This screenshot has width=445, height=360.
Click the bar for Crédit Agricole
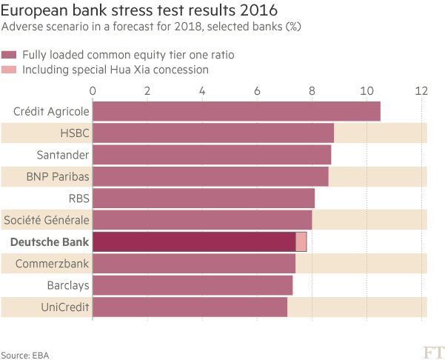[x=235, y=111]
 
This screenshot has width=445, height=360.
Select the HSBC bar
[x=213, y=133]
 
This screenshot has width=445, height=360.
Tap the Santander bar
[x=211, y=155]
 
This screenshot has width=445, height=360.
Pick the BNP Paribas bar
[x=210, y=177]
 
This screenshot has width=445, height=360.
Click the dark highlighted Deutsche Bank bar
[x=193, y=242]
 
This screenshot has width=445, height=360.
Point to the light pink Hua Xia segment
[x=301, y=242]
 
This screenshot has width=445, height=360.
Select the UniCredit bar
[x=189, y=307]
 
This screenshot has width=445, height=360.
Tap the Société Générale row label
[x=47, y=220]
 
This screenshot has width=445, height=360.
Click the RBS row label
[x=78, y=199]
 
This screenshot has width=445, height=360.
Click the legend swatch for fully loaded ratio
[x=10, y=55]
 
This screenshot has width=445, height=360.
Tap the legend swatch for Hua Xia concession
[x=10, y=70]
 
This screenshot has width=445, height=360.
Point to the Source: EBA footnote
[x=20, y=355]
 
